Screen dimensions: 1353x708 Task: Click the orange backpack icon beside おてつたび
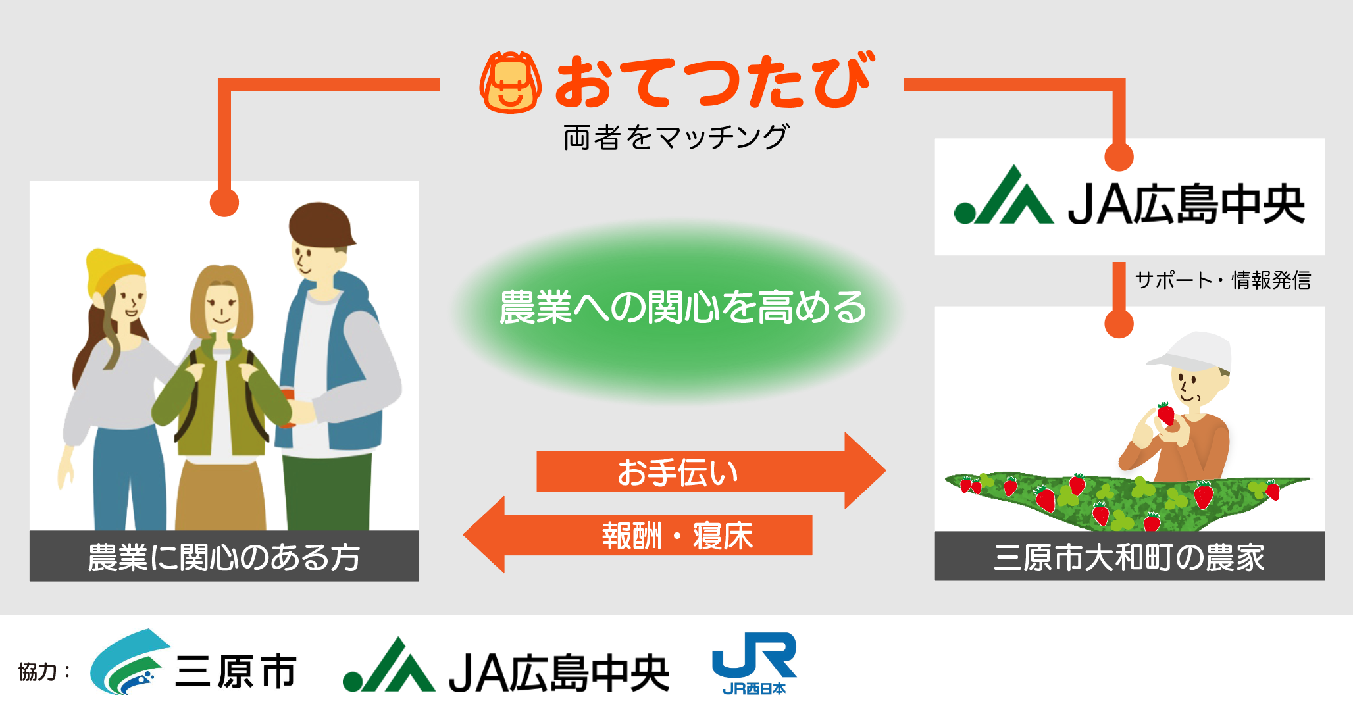point(511,82)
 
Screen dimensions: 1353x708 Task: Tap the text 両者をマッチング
point(676,138)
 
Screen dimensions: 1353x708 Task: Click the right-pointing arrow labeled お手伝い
point(711,471)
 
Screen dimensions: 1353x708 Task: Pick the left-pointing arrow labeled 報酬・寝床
point(637,535)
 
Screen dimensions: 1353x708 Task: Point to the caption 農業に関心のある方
point(224,557)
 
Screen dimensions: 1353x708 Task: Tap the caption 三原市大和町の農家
point(1129,557)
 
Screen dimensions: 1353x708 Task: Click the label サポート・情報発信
point(1223,280)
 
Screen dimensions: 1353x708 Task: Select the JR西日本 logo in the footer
point(755,663)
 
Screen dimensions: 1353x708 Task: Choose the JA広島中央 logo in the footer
point(506,666)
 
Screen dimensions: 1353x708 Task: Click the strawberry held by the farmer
point(1165,414)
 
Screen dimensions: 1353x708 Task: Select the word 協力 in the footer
point(38,672)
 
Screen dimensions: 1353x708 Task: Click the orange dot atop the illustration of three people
point(224,202)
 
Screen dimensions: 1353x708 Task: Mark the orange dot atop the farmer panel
point(1119,324)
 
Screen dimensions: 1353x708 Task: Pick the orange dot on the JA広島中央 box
point(1119,157)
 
